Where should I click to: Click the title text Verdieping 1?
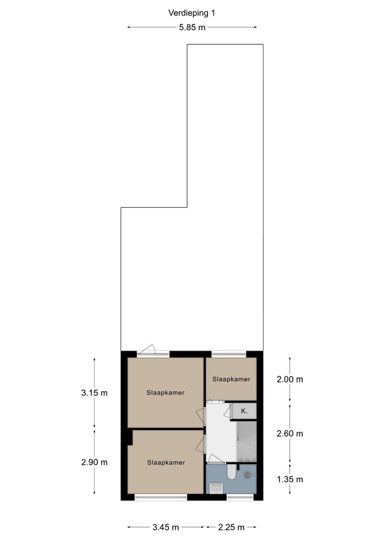192,13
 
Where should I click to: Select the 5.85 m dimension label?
192,28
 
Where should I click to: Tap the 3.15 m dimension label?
94,393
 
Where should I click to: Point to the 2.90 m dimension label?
94,462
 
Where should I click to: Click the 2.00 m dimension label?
290,379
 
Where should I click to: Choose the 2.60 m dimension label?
290,433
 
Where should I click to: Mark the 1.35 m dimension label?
290,479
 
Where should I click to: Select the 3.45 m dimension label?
165,528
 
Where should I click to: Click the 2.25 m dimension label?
231,528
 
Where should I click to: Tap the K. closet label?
244,411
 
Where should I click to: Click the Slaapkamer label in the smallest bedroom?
231,379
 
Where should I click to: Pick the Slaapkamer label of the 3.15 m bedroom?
166,393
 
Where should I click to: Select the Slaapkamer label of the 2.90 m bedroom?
166,463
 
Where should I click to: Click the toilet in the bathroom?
230,473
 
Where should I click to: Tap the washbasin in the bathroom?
217,487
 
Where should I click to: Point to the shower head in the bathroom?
247,473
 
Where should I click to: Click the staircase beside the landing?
246,442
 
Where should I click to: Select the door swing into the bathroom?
216,459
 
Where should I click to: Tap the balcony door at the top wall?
147,350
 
